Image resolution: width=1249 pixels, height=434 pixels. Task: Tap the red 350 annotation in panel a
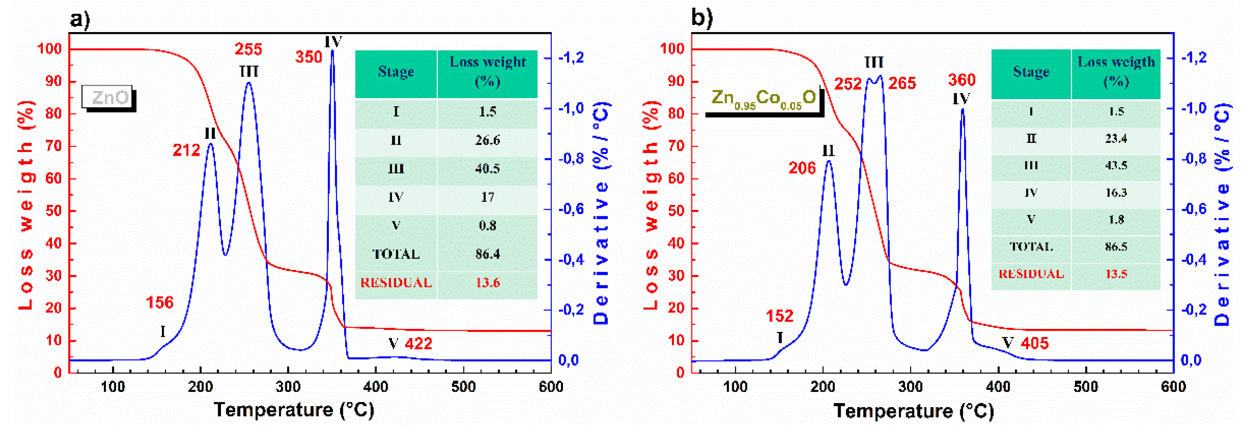click(309, 57)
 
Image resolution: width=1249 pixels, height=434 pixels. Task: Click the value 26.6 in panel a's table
click(487, 141)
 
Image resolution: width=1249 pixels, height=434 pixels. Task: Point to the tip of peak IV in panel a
click(332, 51)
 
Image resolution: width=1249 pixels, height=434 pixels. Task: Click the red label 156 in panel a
click(159, 303)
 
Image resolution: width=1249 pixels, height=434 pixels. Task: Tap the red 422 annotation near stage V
click(418, 344)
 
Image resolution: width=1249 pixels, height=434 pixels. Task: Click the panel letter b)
click(702, 18)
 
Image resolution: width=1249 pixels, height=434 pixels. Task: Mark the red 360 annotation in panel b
click(962, 80)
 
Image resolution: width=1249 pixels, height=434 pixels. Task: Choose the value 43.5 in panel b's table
click(1116, 166)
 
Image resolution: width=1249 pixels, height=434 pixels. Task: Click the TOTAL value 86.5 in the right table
click(1116, 246)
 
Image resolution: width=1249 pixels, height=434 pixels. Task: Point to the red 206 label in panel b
click(802, 168)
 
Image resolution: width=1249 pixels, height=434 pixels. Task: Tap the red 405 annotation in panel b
click(1035, 344)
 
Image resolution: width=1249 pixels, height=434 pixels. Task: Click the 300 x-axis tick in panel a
click(288, 387)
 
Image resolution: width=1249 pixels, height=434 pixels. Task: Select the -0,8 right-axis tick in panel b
click(1194, 159)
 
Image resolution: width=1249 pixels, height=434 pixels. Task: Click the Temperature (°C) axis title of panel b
click(913, 411)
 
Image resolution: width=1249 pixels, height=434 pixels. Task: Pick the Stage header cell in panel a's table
click(396, 72)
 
